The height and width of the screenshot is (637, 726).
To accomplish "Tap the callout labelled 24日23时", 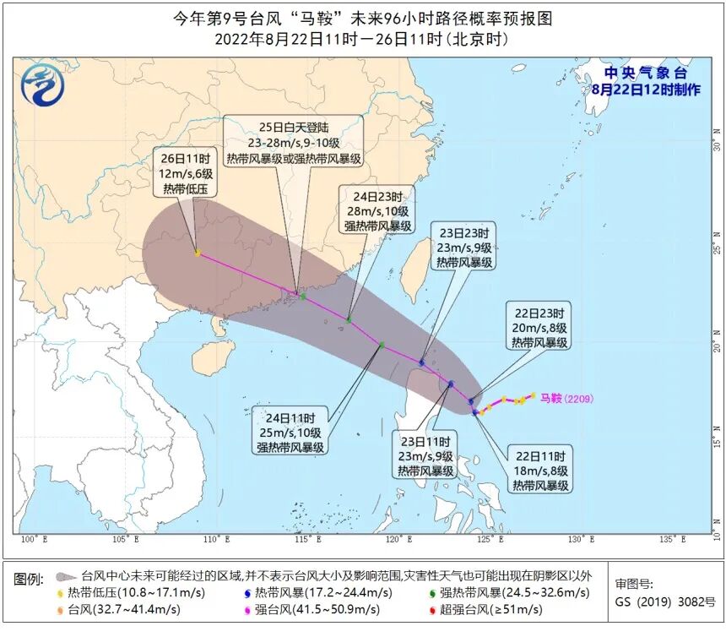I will coord(377,209).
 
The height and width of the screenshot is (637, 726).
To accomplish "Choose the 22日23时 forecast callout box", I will coord(539,326).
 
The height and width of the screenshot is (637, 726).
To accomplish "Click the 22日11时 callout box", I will coord(539,469).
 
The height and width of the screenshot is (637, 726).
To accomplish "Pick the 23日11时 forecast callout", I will coord(425,456).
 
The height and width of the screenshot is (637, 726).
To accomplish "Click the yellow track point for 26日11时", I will coord(198,253).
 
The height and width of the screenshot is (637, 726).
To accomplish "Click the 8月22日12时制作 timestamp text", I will coord(646,89).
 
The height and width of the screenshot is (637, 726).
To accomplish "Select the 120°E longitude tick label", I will coord(393,540).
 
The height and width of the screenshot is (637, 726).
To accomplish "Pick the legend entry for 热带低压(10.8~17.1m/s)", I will coord(135,592).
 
